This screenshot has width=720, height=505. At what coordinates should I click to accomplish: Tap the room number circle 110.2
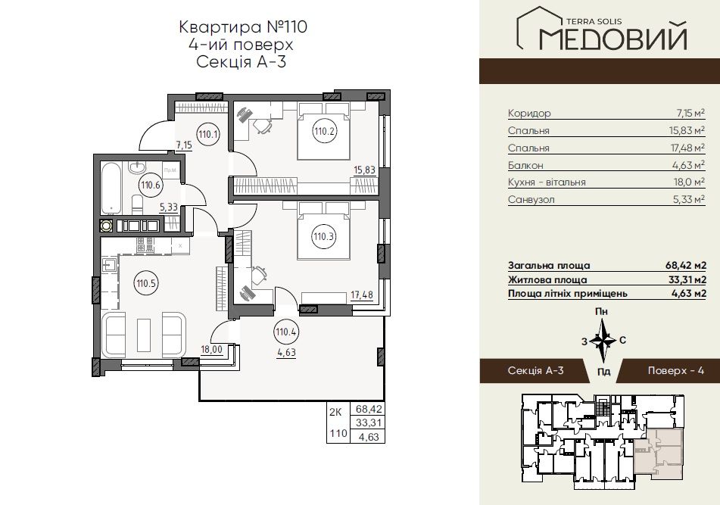click(x=325, y=131)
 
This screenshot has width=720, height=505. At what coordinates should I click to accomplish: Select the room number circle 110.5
click(x=146, y=283)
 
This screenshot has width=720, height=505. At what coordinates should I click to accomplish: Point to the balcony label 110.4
click(x=285, y=332)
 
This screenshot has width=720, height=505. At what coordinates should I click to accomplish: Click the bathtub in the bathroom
click(x=111, y=189)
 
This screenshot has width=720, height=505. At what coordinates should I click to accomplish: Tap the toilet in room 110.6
click(x=137, y=204)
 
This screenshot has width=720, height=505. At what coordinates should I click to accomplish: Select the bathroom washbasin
click(x=137, y=167)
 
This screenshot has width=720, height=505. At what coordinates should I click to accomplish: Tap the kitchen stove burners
click(x=147, y=245)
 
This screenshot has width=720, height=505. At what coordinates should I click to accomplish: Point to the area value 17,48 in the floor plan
click(x=362, y=295)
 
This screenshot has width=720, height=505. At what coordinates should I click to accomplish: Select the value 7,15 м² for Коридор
click(x=686, y=113)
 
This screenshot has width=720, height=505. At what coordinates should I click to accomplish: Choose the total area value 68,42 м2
click(x=686, y=265)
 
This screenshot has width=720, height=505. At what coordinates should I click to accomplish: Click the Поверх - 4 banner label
click(x=675, y=370)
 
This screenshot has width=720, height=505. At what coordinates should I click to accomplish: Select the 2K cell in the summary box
click(x=335, y=412)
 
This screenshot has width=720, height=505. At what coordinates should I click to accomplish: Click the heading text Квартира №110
click(x=242, y=27)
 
